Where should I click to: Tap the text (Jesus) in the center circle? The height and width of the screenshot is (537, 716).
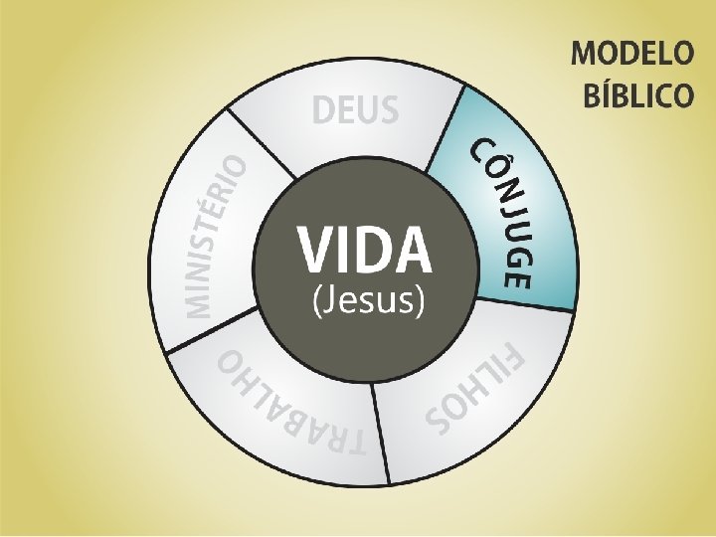(369, 299)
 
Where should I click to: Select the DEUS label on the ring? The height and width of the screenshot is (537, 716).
(355, 109)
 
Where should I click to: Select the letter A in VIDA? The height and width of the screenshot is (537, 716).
(415, 250)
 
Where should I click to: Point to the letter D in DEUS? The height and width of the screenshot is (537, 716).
(325, 109)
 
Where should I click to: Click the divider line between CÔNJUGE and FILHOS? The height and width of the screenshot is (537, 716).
(526, 304)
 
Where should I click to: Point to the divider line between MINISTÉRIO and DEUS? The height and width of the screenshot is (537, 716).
(261, 145)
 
